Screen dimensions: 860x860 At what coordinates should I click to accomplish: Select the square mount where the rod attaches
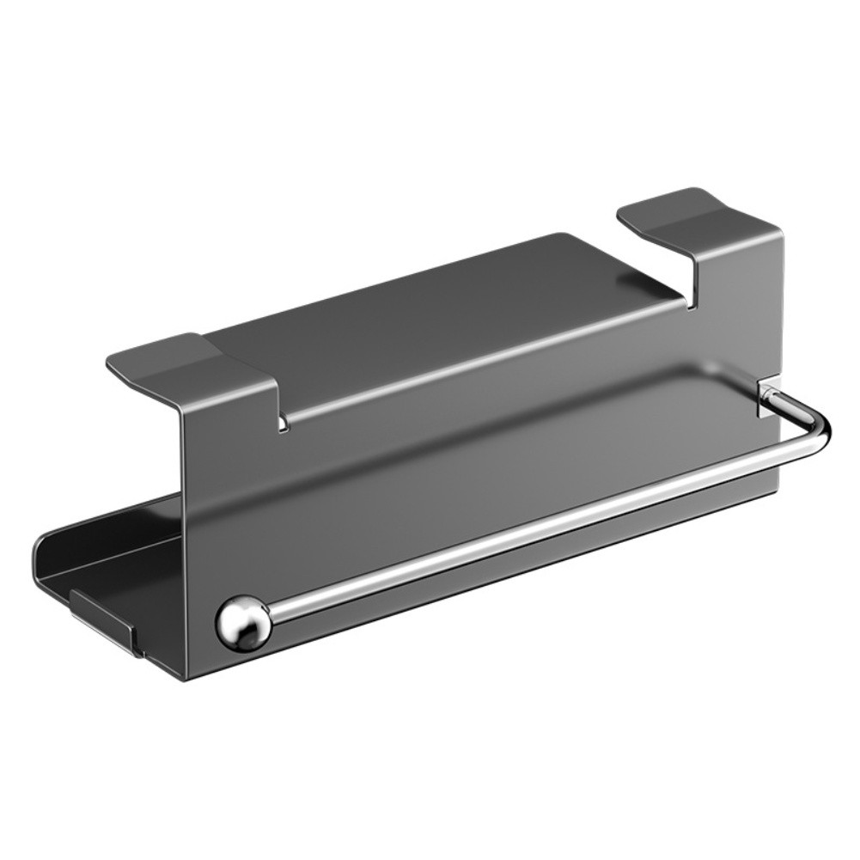coord(767,397)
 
